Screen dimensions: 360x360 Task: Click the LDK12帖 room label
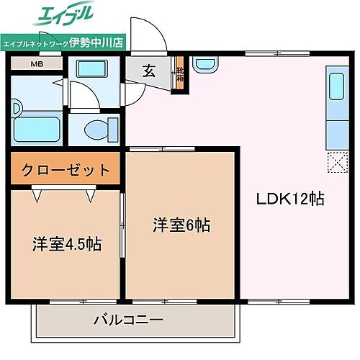tap(291, 199)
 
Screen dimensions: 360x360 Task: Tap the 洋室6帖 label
tap(181, 225)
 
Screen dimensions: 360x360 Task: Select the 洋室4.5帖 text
tap(66, 243)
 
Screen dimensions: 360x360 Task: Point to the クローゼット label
tap(66, 171)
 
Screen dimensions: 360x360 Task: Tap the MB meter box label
tap(36, 64)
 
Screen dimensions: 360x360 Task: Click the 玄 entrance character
tap(148, 71)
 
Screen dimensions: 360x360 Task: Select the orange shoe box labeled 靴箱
tap(180, 76)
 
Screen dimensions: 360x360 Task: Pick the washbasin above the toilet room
tap(91, 71)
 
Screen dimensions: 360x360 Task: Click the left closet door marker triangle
tap(36, 194)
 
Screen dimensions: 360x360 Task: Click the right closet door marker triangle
tap(91, 194)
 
